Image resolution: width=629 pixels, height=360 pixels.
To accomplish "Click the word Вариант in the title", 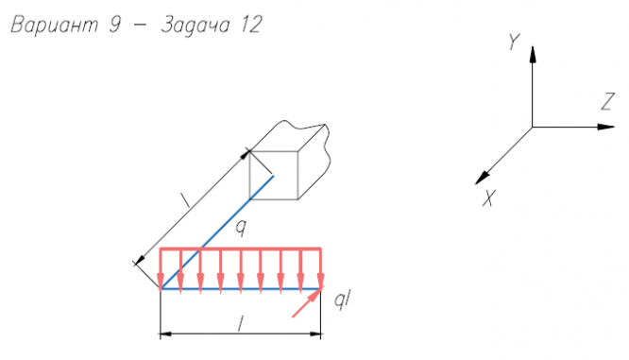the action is (54, 25).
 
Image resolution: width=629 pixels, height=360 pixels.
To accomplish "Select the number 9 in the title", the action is (115, 25).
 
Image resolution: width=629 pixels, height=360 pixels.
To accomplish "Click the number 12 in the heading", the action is (251, 25).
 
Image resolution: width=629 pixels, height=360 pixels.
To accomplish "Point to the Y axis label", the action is (514, 42).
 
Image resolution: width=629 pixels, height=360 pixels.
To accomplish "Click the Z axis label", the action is (607, 101).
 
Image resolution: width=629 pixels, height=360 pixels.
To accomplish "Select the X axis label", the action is (488, 197).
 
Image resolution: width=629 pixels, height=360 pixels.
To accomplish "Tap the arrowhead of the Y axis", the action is (533, 54).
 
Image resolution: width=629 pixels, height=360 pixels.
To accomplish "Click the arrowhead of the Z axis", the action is (605, 127).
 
